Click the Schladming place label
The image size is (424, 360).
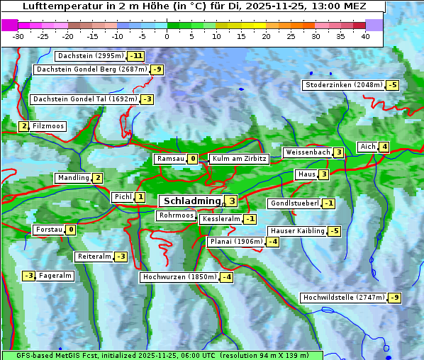[190, 201]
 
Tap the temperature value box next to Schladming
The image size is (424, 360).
[231, 201]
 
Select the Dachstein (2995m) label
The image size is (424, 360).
[90, 55]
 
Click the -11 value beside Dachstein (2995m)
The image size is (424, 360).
[136, 56]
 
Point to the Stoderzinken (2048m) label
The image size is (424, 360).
[343, 85]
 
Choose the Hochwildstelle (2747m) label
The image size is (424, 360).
[343, 298]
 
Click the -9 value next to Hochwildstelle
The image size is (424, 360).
[394, 298]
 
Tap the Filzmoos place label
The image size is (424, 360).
[48, 126]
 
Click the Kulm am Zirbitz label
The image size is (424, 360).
[239, 159]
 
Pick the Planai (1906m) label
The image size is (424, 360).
[235, 242]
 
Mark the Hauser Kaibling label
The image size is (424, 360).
[297, 231]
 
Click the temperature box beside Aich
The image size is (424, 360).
[384, 147]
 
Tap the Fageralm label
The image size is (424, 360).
[55, 276]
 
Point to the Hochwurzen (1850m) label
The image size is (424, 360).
[179, 277]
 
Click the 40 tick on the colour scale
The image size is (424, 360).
[365, 35]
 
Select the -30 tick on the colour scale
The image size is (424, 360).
[18, 35]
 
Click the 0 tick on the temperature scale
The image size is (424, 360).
[167, 35]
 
